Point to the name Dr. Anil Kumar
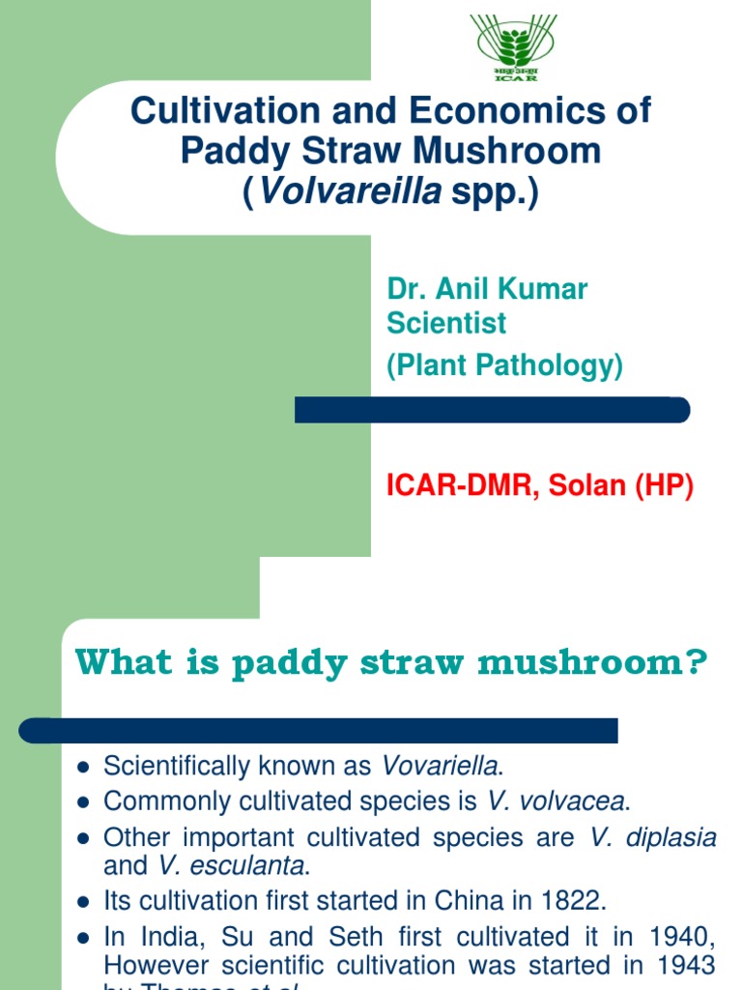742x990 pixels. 487,288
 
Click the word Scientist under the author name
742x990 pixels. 446,322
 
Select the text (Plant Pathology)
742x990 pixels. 504,365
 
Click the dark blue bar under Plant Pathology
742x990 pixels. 492,410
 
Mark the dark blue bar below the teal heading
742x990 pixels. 319,730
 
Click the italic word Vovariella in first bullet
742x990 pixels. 442,767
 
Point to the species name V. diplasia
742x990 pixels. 653,837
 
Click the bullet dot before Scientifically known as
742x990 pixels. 84,768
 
